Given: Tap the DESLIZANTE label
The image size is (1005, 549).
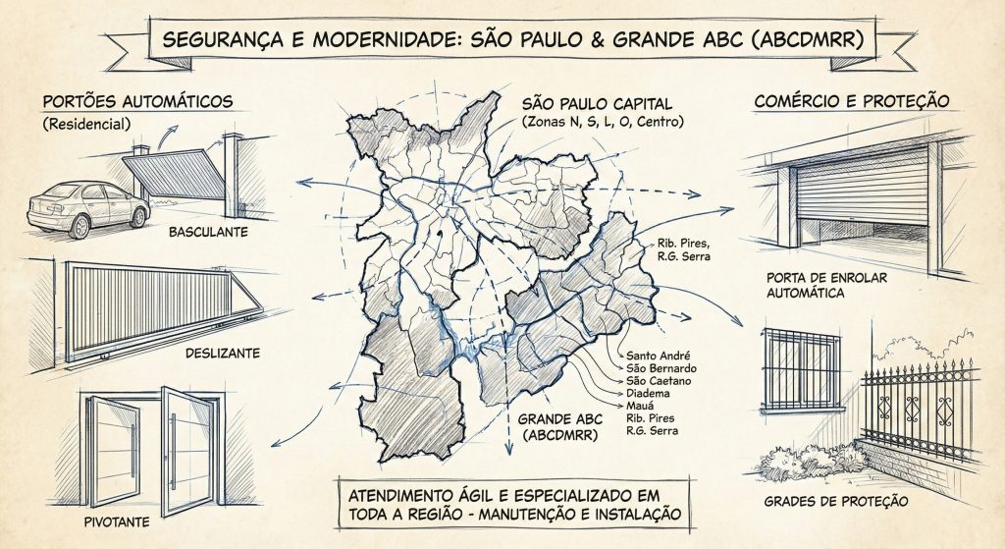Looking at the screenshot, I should tap(222, 354).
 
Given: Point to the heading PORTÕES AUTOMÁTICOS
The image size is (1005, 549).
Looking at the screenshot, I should tap(136, 101).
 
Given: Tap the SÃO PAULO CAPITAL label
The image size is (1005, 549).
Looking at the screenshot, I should tap(599, 103).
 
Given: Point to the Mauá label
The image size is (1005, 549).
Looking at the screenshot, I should tap(642, 406).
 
